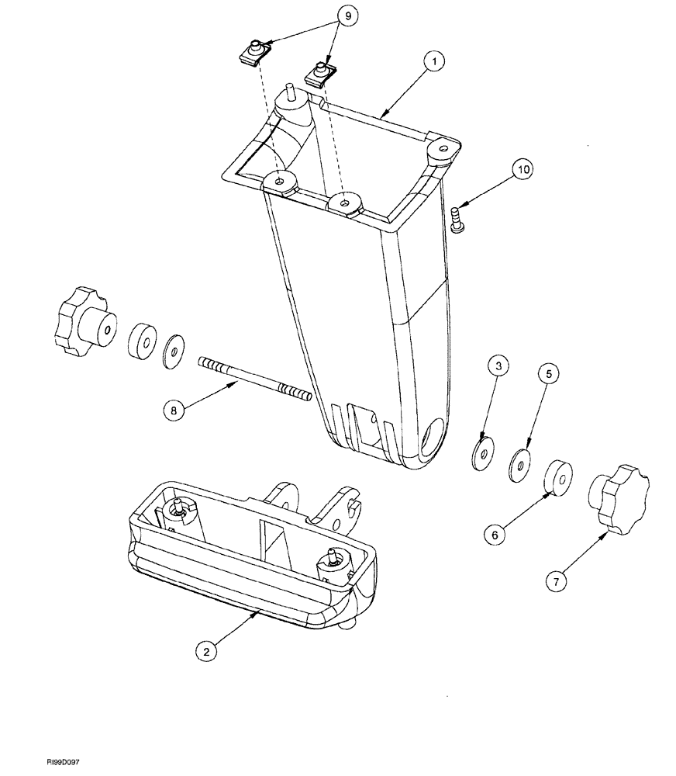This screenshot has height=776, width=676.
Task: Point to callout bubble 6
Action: pyautogui.click(x=496, y=533)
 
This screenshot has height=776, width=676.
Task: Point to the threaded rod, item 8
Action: pyautogui.click(x=256, y=379)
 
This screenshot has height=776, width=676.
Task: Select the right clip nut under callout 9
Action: pyautogui.click(x=320, y=74)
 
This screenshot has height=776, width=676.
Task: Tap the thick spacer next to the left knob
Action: pyautogui.click(x=140, y=341)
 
